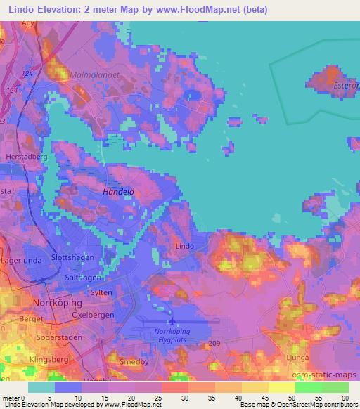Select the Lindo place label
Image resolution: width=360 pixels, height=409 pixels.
coord(184,246)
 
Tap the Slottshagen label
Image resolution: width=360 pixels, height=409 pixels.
coord(73,258)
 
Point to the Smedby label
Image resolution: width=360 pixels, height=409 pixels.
coord(134,363)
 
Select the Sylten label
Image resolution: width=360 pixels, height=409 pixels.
coord(101,292)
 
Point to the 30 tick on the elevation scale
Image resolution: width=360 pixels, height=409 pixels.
coord(174,398)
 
